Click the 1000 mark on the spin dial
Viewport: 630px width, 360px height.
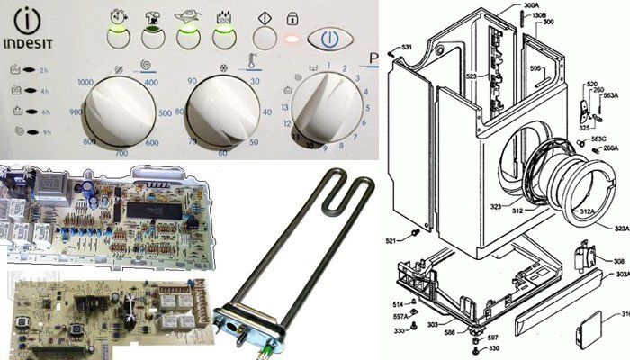coord(86,82)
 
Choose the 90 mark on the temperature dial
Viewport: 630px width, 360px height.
coord(192,82)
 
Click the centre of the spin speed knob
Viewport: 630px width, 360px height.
coord(126,111)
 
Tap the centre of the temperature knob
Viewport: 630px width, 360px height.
coord(229,111)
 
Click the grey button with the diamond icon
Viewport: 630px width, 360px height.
coord(263,39)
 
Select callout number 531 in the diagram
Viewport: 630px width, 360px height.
coord(407,46)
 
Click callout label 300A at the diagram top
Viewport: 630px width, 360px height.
coord(531,6)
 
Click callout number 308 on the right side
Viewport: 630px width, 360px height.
coord(620,261)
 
